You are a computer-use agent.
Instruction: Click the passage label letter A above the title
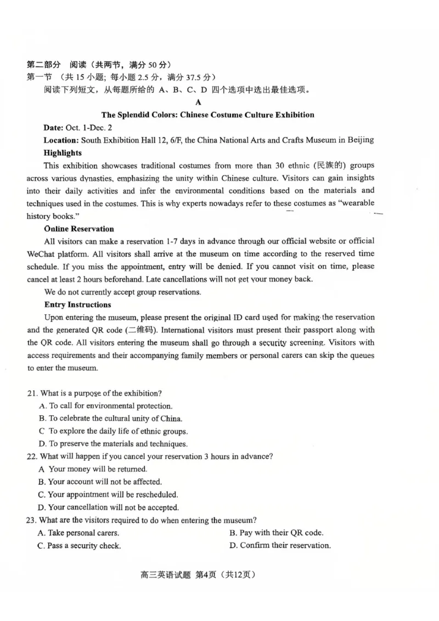pyautogui.click(x=198, y=102)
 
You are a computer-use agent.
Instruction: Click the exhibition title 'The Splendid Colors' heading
pyautogui.click(x=208, y=115)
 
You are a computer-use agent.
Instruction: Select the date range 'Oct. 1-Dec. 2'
pyautogui.click(x=88, y=127)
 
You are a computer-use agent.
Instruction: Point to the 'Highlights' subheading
pyautogui.click(x=63, y=153)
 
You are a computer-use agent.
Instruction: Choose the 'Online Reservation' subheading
pyautogui.click(x=79, y=229)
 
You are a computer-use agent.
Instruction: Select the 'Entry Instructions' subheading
pyautogui.click(x=77, y=304)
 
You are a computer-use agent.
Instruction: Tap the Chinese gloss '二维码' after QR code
pyautogui.click(x=140, y=330)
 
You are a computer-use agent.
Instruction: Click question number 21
pyautogui.click(x=32, y=393)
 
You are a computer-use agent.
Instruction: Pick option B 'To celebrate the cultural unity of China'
pyautogui.click(x=110, y=419)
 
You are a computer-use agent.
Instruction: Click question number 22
pyautogui.click(x=32, y=456)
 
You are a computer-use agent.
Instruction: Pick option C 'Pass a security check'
pyautogui.click(x=79, y=546)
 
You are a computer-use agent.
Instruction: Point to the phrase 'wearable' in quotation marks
pyautogui.click(x=357, y=204)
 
